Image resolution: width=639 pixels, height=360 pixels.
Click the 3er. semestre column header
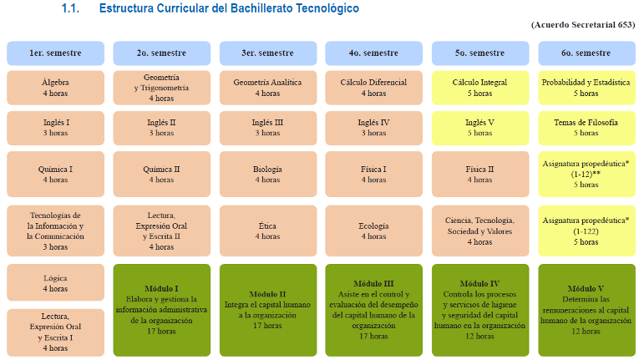coord(268,53)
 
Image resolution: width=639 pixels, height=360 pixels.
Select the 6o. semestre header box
coord(586,53)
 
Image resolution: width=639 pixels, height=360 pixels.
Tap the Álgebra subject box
coord(55,88)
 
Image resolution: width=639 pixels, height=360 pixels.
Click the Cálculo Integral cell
coord(480,88)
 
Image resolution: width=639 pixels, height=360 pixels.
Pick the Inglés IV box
coord(373,128)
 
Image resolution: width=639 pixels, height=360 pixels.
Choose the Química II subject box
coord(162,174)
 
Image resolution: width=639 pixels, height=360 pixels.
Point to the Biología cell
coord(268,174)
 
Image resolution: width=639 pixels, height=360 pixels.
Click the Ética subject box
coord(268,231)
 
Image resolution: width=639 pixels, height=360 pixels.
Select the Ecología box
coord(373,231)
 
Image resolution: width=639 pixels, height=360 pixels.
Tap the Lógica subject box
coord(55,282)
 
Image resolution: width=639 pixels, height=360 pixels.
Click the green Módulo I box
coord(162,310)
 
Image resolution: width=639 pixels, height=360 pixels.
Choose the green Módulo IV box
coord(480,310)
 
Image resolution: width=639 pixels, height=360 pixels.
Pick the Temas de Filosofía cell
coord(586,128)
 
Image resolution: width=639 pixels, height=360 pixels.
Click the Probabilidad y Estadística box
coord(586,88)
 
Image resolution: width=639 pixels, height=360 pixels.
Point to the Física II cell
coord(480,174)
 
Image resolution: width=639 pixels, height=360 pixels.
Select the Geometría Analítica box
coord(268,88)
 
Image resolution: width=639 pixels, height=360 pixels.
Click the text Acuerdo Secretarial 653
coord(583,25)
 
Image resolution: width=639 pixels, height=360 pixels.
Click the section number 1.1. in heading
coord(70,8)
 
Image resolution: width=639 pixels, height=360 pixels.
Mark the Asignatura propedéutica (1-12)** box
coord(586,174)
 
